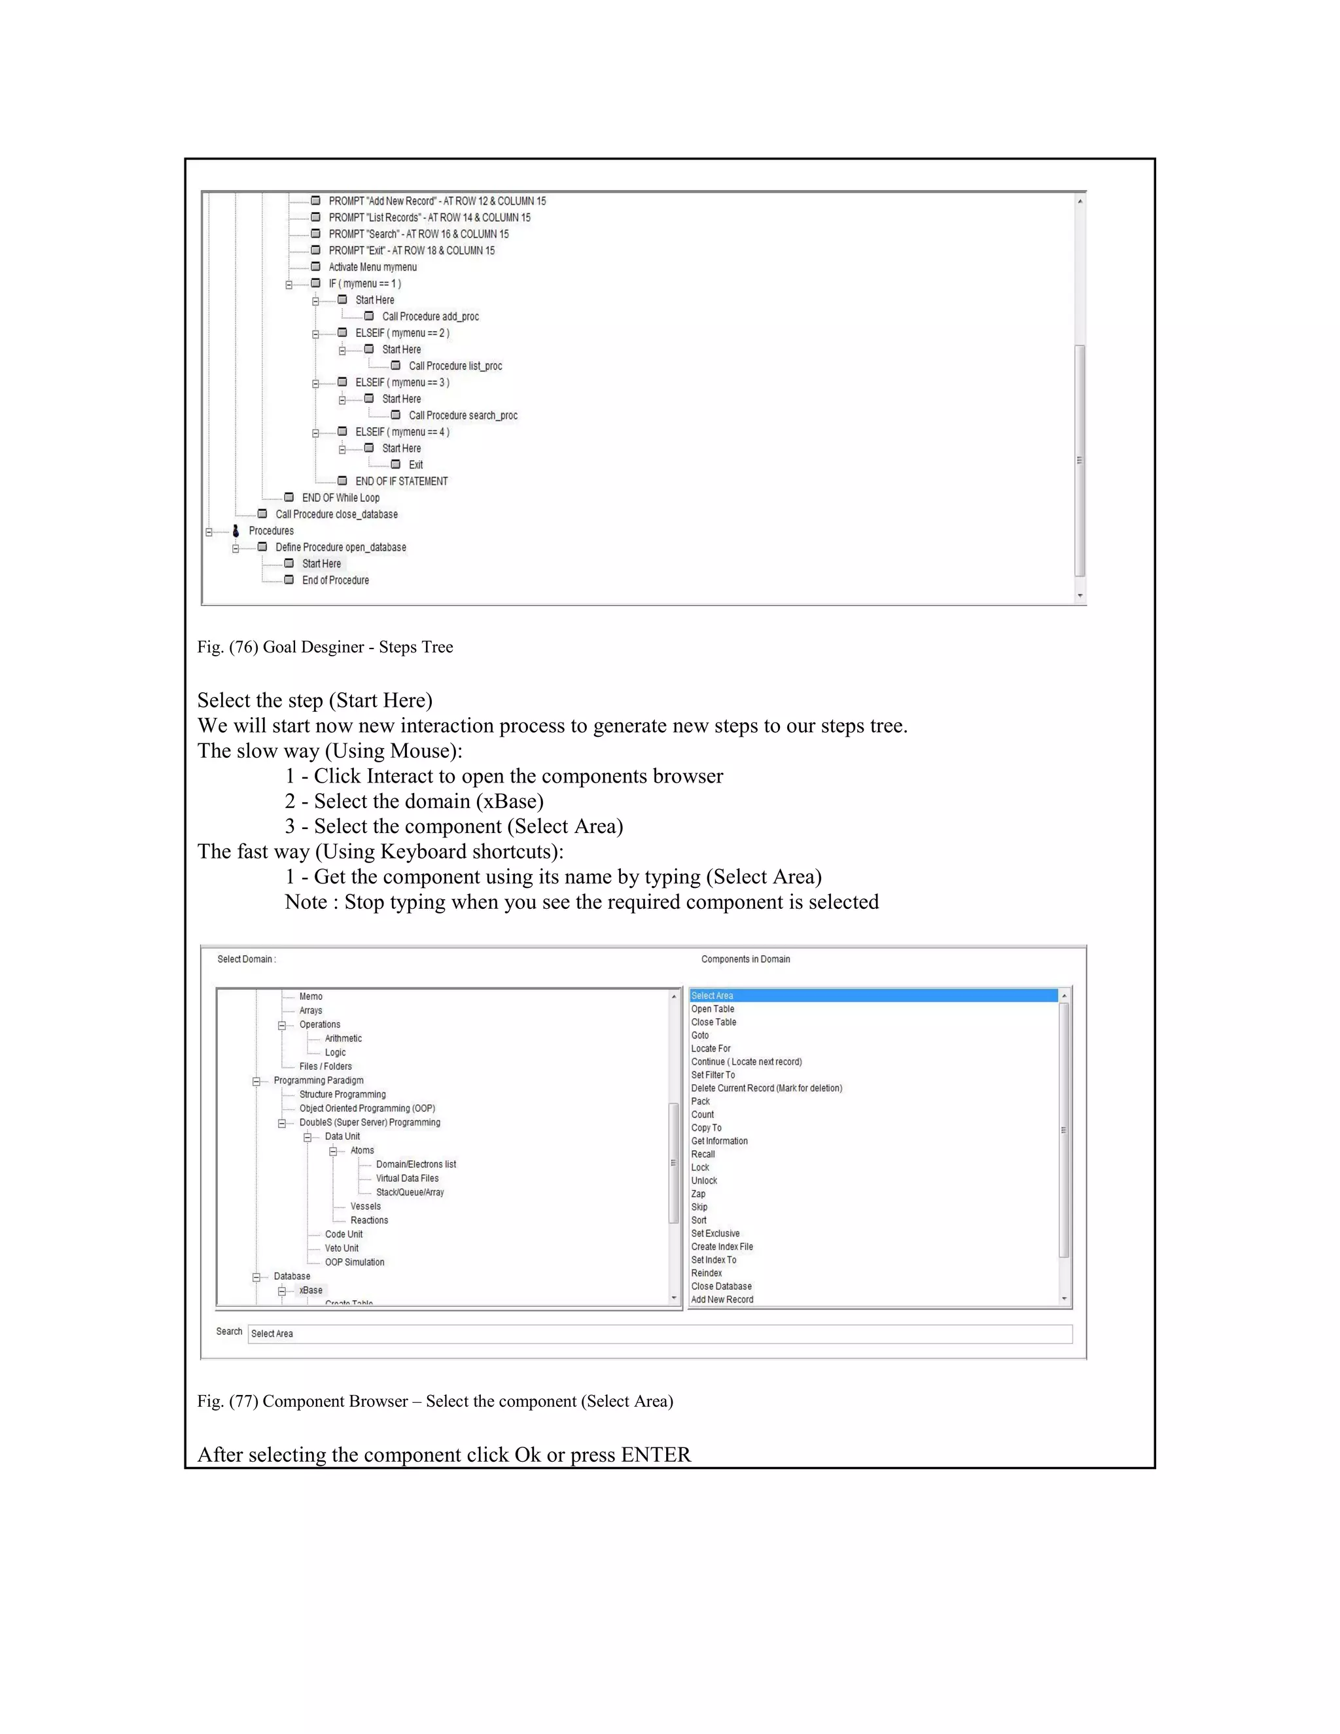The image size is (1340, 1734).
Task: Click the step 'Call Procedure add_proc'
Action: pos(431,317)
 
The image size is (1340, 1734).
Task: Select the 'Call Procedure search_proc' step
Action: pos(463,416)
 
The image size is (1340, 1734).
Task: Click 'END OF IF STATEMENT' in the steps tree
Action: pos(401,481)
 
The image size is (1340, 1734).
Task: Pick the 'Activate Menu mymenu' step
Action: pos(372,267)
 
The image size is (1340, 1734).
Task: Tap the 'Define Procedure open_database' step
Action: pos(340,547)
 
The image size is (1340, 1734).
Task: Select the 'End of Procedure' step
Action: pos(335,580)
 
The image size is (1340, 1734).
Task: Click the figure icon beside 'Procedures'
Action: pos(236,531)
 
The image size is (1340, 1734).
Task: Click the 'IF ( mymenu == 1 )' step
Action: pos(364,283)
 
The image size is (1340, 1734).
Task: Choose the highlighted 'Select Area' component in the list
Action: pos(712,996)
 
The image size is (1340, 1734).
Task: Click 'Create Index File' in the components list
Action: pos(722,1247)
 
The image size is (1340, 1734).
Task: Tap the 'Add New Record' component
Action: pos(722,1300)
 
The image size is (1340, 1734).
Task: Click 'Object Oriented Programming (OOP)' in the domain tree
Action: pos(367,1108)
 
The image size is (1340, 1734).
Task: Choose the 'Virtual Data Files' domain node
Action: pos(407,1178)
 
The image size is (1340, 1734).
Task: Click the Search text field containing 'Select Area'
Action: pos(659,1334)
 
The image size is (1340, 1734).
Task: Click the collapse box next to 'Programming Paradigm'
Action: pos(256,1082)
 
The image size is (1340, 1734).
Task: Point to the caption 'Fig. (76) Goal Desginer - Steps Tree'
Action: pos(325,647)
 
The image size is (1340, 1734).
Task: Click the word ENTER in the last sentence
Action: pos(656,1455)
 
